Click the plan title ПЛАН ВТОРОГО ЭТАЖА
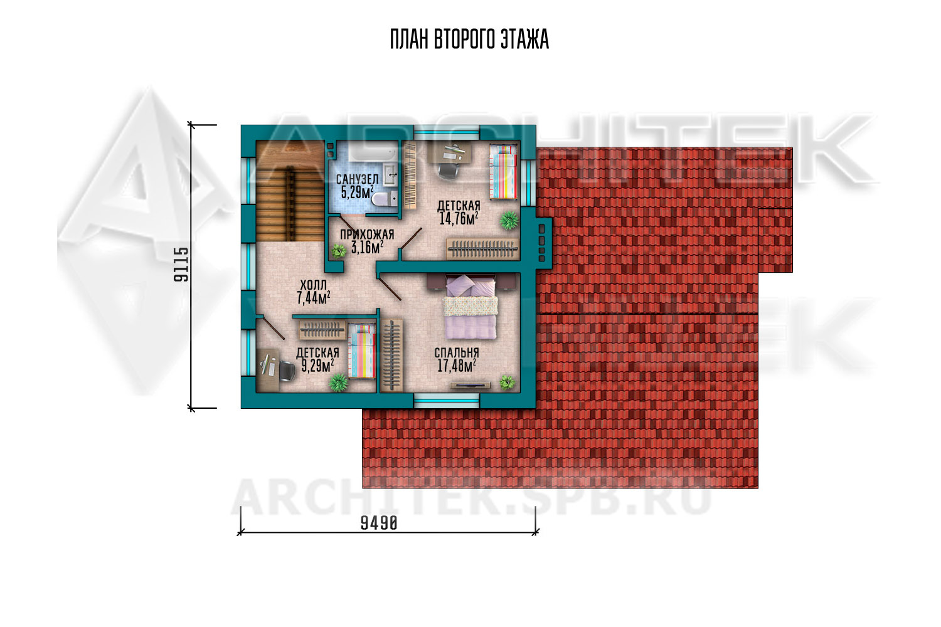coord(469,40)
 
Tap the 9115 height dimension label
coord(181,265)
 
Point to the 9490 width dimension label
coord(379,524)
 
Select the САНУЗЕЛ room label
coord(357,179)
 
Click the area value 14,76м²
coord(459,218)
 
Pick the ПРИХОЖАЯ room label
coord(367,234)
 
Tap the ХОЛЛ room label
coord(314,285)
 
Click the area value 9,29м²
coord(317,366)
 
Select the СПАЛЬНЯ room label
coord(457,353)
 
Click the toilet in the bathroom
coord(384,199)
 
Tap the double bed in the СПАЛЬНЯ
coord(470,306)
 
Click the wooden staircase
coord(290,191)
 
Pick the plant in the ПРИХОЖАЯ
coord(338,251)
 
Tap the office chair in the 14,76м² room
coord(447,171)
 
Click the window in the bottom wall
coord(447,401)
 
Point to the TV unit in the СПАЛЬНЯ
coord(470,385)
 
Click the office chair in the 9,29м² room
coord(287,371)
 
